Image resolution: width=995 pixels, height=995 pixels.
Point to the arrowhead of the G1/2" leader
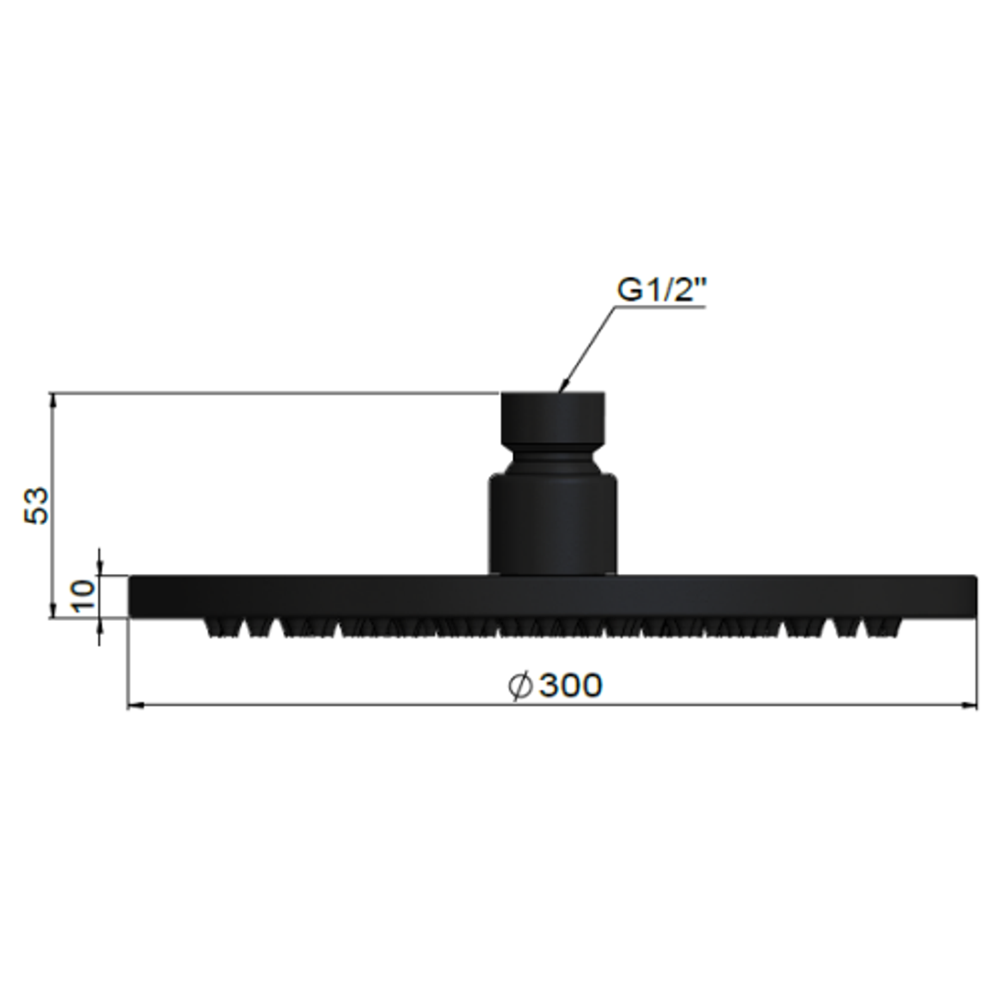[561, 390]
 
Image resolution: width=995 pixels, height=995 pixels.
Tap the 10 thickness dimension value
[84, 596]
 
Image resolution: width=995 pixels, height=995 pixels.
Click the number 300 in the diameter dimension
[570, 685]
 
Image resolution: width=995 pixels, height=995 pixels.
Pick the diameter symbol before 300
[521, 685]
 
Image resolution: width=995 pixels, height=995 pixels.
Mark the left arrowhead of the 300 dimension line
[134, 706]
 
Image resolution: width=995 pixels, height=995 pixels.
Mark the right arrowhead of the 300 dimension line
[970, 706]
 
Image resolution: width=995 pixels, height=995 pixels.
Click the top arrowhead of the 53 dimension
[53, 400]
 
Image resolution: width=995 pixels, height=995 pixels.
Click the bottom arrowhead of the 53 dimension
[53, 611]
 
